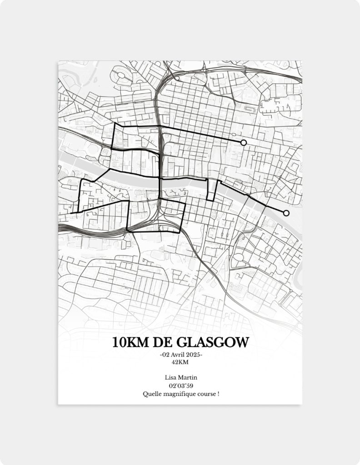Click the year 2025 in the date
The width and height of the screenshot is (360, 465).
click(x=193, y=355)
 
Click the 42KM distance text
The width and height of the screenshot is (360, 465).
click(x=180, y=362)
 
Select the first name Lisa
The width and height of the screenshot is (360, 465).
click(x=171, y=378)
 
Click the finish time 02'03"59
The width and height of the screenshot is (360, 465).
click(x=180, y=386)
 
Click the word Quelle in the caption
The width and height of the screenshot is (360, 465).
click(x=151, y=394)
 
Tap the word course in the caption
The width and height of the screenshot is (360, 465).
click(x=206, y=394)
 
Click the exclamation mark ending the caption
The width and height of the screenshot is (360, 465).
click(x=218, y=394)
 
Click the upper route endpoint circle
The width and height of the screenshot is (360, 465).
click(x=244, y=143)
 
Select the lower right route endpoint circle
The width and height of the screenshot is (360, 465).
click(x=286, y=213)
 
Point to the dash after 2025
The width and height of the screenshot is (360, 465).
click(x=201, y=355)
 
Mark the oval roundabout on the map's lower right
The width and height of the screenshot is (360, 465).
click(x=238, y=257)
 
